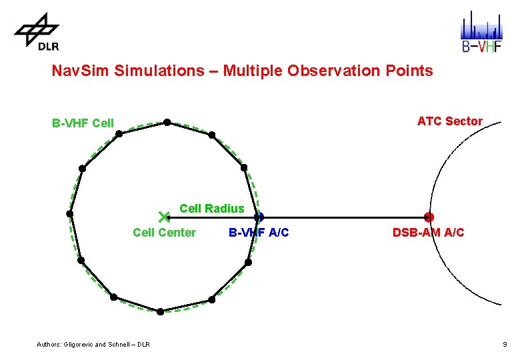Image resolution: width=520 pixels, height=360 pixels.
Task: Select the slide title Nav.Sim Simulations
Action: [x=242, y=71]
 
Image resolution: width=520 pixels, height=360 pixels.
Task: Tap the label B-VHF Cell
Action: [x=83, y=123]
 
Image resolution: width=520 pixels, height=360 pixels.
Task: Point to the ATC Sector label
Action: [x=449, y=121]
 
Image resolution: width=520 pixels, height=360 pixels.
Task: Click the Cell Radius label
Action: [x=211, y=209]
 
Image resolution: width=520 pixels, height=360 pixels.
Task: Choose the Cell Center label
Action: [x=164, y=233]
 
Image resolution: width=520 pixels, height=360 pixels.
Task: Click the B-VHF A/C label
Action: [x=259, y=233]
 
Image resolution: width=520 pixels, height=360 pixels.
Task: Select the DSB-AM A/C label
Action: [x=428, y=233]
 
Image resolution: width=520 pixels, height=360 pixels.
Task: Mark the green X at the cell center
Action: [x=165, y=217]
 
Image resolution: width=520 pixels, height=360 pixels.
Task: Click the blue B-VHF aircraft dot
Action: [x=259, y=217]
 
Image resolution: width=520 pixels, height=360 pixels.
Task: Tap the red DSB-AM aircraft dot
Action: [x=429, y=217]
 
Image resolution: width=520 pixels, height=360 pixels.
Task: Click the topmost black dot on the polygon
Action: [x=167, y=122]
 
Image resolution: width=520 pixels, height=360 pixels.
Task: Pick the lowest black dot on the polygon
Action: [x=160, y=311]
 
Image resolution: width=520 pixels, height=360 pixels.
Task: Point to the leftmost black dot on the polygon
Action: [x=69, y=213]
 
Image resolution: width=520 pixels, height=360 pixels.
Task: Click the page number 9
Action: [x=505, y=345]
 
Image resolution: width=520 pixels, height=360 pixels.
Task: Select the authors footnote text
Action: [x=93, y=345]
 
